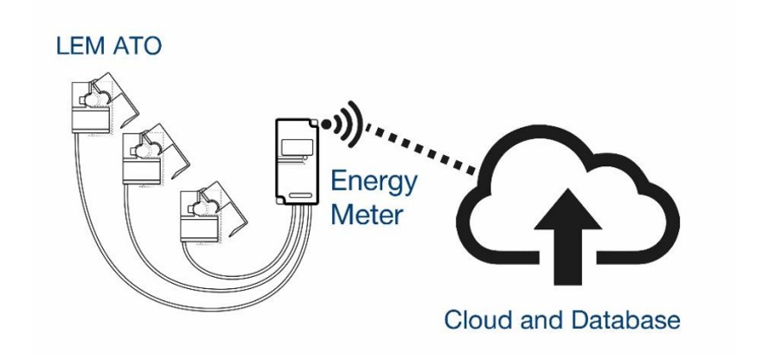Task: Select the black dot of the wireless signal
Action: pyautogui.click(x=327, y=125)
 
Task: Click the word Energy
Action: pyautogui.click(x=374, y=183)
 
